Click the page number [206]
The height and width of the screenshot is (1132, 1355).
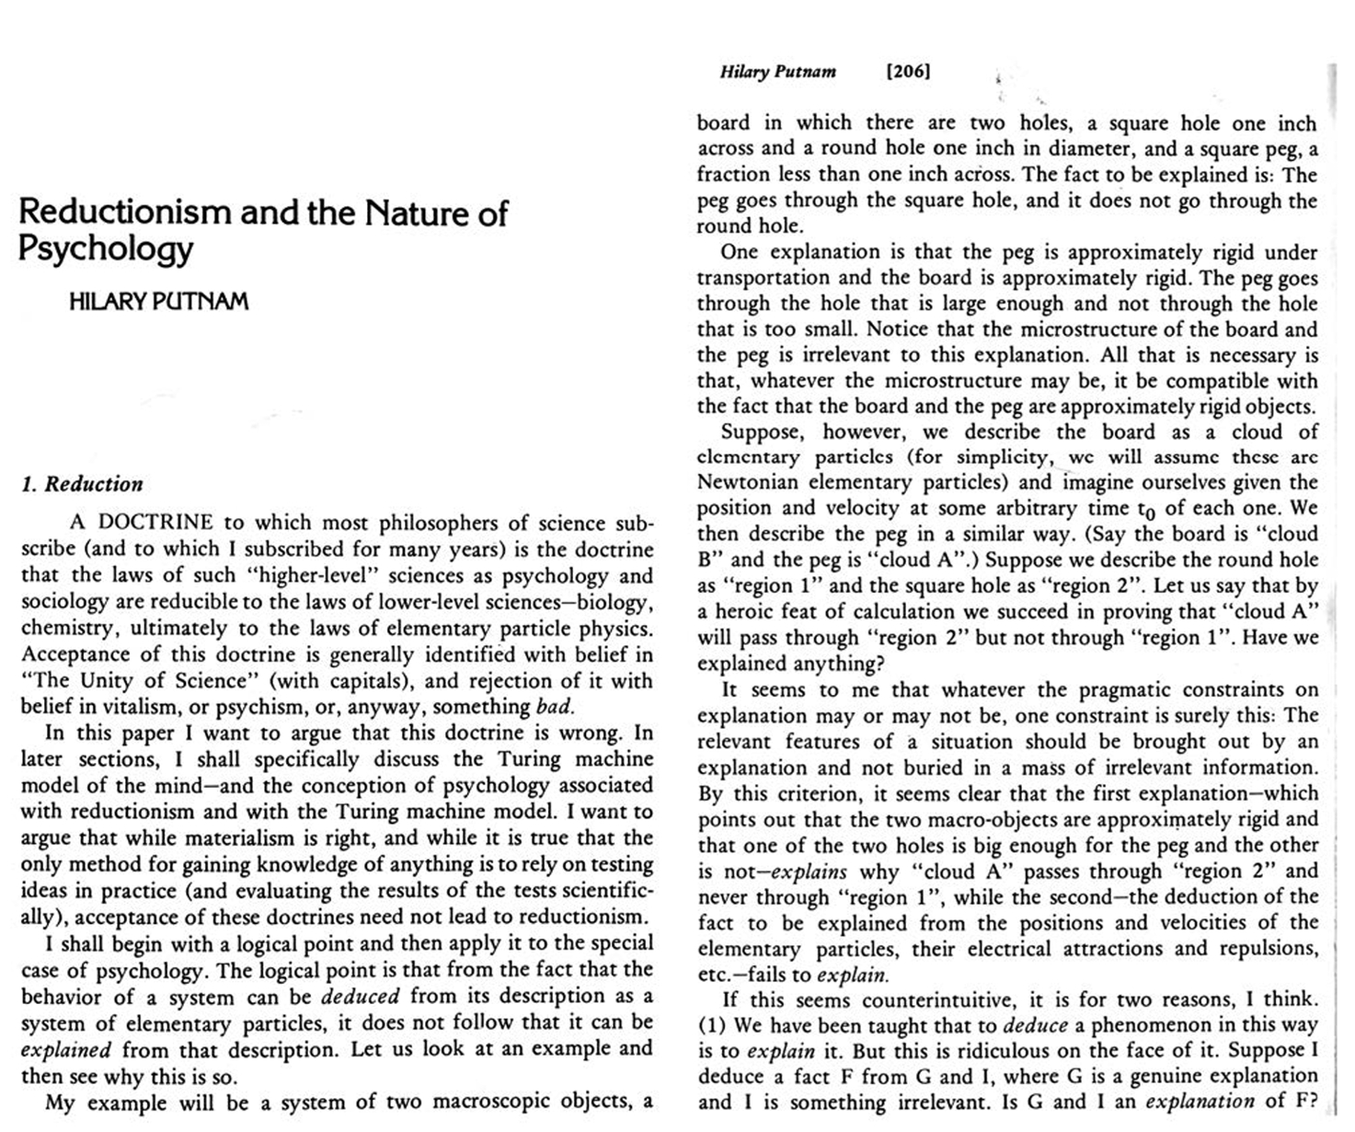point(907,72)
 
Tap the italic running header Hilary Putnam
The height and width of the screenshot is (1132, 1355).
point(777,72)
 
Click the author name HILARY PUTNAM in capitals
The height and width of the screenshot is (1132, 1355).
point(158,301)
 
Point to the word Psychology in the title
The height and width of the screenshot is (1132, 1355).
point(106,249)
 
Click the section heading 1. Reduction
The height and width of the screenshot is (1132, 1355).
point(82,484)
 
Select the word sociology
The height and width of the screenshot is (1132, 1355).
point(62,602)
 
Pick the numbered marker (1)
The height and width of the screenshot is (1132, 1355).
point(710,1025)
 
